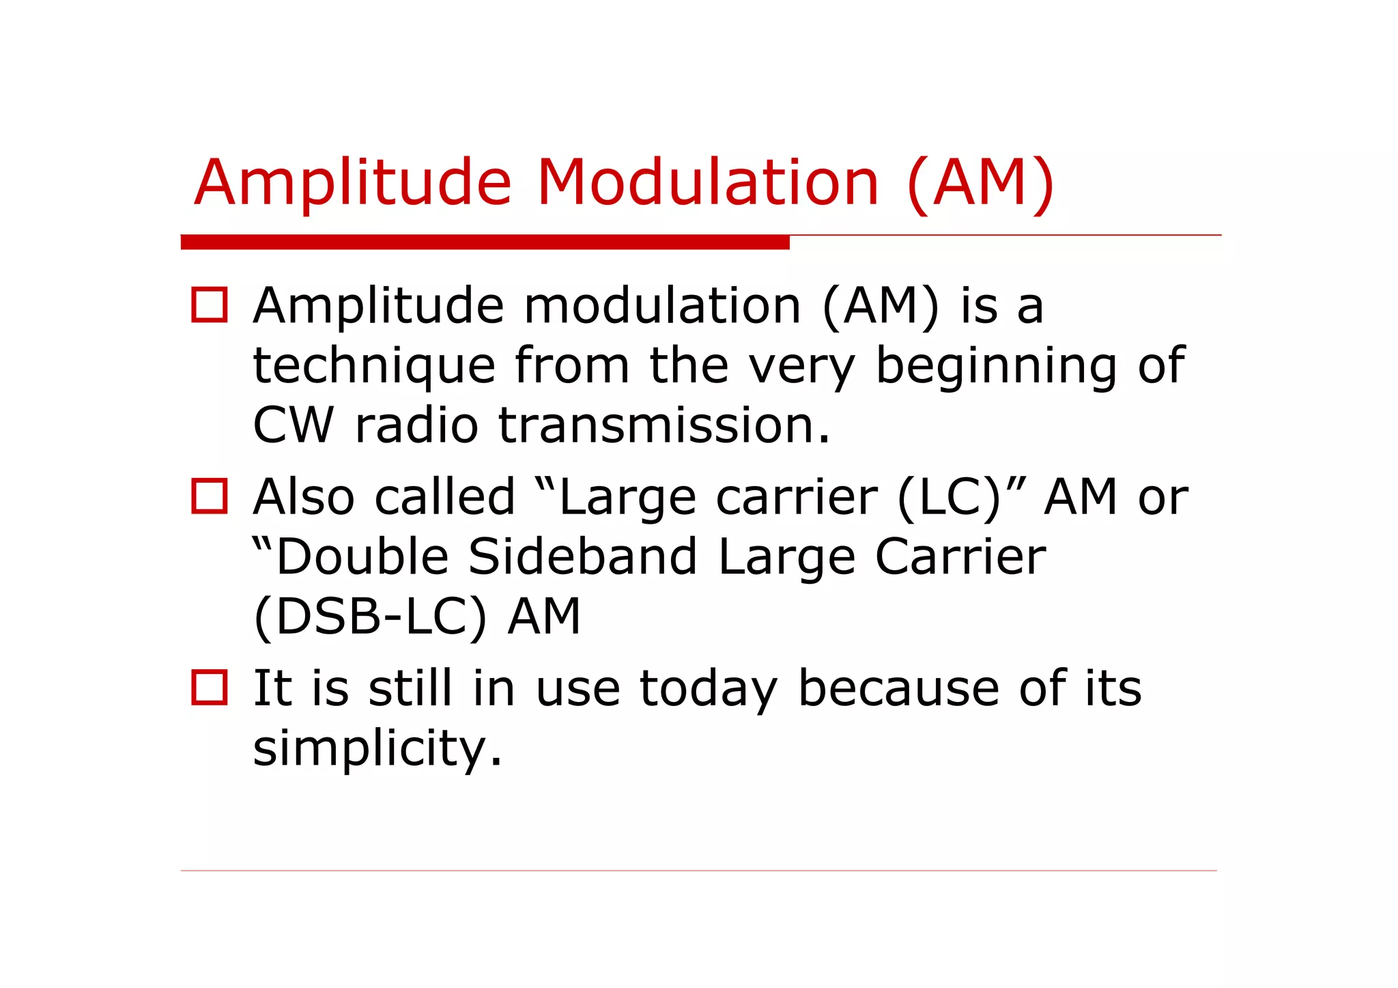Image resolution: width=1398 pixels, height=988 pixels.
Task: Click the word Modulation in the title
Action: (x=707, y=182)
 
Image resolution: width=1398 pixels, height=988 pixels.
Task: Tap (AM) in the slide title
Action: (x=980, y=183)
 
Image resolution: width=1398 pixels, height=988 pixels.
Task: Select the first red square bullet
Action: (x=209, y=305)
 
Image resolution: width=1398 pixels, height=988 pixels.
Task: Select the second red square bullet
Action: (x=209, y=496)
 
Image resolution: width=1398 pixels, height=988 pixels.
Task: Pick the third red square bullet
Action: (x=209, y=688)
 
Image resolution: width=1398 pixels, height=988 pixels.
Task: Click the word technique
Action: (x=374, y=367)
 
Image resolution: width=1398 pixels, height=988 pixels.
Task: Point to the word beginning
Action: (x=996, y=367)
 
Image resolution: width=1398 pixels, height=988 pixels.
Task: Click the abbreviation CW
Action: (x=293, y=425)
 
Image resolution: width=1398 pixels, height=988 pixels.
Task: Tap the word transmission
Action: (x=664, y=425)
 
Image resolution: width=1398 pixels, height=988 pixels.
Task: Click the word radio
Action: (x=416, y=425)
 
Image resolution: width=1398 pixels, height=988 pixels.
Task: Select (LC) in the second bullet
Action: (x=949, y=497)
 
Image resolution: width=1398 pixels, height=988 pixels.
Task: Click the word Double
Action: (x=361, y=556)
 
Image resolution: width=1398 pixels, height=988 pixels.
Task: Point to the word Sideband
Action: (x=583, y=556)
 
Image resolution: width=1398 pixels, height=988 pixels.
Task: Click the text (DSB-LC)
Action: (x=370, y=617)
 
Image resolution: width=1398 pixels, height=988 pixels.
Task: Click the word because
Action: (x=898, y=688)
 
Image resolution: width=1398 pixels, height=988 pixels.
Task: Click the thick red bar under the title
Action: (x=485, y=242)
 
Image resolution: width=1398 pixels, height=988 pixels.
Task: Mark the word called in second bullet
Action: (x=445, y=497)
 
